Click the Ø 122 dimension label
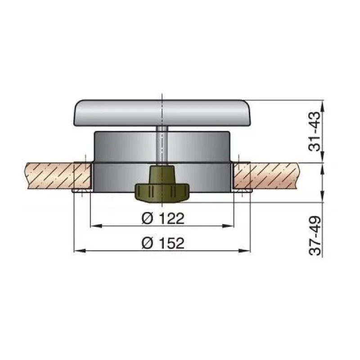point(162,219)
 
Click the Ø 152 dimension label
point(162,243)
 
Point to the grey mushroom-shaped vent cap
point(161,113)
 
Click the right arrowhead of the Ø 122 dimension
point(231,225)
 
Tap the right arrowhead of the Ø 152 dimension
point(247,251)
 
